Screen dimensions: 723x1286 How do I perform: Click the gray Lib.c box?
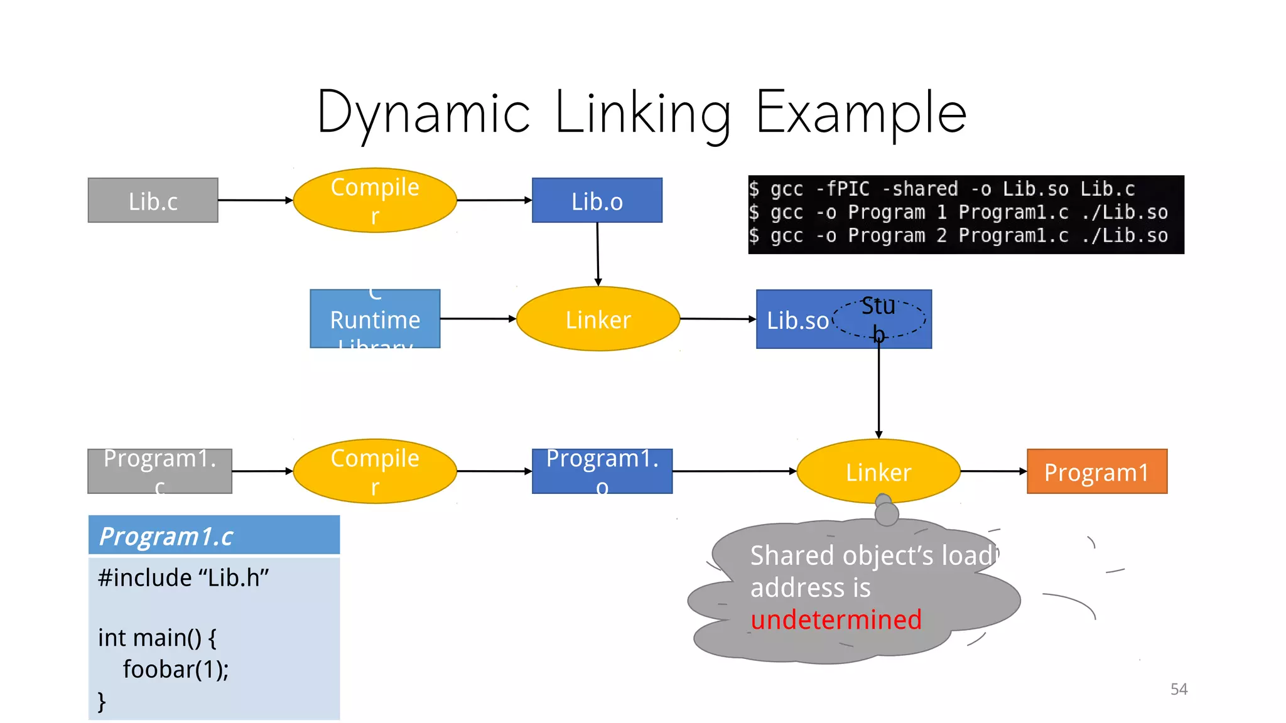point(153,200)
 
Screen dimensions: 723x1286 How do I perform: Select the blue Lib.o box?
point(597,200)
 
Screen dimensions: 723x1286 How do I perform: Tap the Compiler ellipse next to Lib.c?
point(375,200)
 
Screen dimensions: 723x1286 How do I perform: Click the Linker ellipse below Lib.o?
point(598,319)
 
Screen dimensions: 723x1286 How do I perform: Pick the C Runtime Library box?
point(375,319)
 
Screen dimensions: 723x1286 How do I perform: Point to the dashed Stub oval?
point(878,319)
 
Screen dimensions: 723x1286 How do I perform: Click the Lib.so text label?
point(797,321)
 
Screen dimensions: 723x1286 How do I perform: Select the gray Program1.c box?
point(159,471)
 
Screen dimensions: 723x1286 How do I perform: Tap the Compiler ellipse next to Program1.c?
point(375,471)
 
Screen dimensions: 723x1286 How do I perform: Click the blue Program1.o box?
point(602,471)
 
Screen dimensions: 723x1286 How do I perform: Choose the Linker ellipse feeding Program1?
point(878,471)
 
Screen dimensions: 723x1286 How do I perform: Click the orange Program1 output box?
point(1096,471)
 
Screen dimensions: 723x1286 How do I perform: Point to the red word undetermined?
point(836,620)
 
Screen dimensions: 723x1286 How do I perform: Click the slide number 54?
point(1179,689)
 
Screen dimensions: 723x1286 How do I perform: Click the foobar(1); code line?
point(175,670)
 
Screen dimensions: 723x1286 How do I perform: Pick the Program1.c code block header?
point(213,535)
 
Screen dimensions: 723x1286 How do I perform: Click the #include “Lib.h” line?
point(183,577)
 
